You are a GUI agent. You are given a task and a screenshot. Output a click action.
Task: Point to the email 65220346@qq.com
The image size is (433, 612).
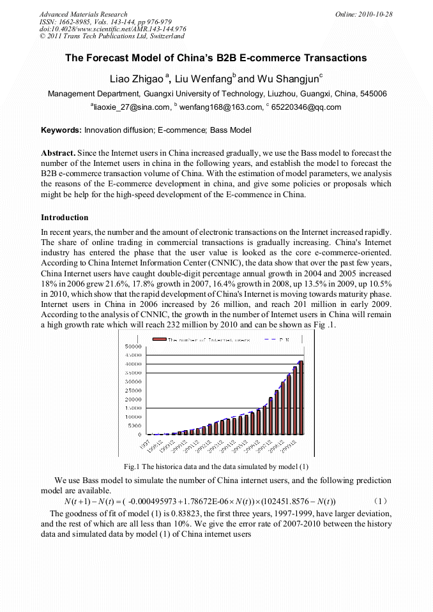tap(306, 107)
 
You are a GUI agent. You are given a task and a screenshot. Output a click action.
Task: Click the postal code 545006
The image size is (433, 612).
tap(373, 94)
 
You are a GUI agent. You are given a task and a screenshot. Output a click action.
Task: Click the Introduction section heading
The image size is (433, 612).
tap(65, 218)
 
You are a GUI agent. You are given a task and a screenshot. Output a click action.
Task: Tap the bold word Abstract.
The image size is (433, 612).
tap(58, 154)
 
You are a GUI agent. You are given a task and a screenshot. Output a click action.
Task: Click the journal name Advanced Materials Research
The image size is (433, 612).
tap(83, 14)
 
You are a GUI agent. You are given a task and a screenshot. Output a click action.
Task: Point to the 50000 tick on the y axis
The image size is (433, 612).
tap(132, 345)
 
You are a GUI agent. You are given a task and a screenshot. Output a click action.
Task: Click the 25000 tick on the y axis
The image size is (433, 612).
tap(132, 390)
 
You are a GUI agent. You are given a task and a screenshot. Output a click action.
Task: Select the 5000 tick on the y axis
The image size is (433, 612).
tap(133, 425)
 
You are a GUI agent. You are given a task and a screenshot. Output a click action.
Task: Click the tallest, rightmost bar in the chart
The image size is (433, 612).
tap(301, 397)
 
